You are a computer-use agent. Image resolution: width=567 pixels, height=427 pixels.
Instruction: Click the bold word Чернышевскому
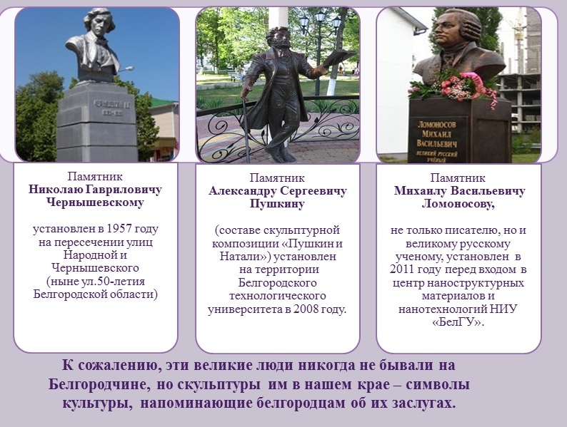pyautogui.click(x=96, y=202)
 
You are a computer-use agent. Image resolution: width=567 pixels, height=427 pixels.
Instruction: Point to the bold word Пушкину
pyautogui.click(x=277, y=204)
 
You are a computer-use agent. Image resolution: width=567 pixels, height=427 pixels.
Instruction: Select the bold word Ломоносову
pyautogui.click(x=458, y=204)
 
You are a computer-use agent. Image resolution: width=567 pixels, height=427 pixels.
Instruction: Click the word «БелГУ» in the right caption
pyautogui.click(x=458, y=322)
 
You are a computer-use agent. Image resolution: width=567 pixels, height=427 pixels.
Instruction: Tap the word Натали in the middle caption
pyautogui.click(x=243, y=257)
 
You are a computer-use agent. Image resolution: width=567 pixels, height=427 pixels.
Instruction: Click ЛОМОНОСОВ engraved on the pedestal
pyautogui.click(x=437, y=125)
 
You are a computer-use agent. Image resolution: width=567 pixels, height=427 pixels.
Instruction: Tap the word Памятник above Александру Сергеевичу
pyautogui.click(x=277, y=178)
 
